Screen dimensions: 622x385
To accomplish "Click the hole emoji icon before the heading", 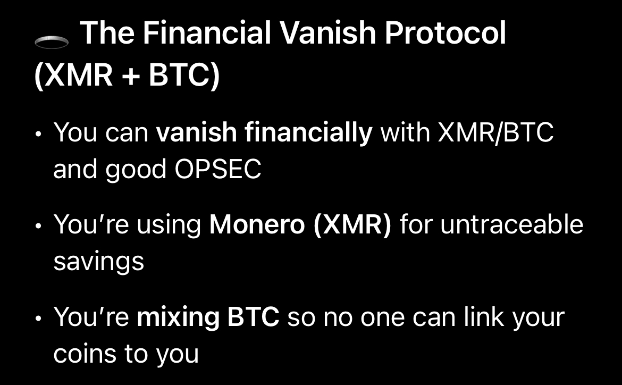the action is pyautogui.click(x=52, y=41).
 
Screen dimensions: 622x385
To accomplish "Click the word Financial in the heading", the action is pyautogui.click(x=207, y=32).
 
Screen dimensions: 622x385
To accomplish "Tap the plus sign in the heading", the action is pyautogui.click(x=131, y=76).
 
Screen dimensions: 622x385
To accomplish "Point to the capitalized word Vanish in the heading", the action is pyautogui.click(x=327, y=32).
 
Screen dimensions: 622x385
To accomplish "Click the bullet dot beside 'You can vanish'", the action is pyautogui.click(x=38, y=134).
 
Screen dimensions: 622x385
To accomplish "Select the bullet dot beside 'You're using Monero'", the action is pyautogui.click(x=38, y=226).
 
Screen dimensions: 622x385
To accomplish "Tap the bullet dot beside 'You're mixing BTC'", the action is pyautogui.click(x=38, y=319).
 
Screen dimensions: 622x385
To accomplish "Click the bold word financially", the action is pyautogui.click(x=264, y=133).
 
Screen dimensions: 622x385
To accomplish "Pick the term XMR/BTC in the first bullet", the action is pyautogui.click(x=495, y=132).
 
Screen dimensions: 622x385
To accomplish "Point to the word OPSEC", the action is pyautogui.click(x=218, y=169).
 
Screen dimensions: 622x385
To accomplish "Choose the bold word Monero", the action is pyautogui.click(x=257, y=224).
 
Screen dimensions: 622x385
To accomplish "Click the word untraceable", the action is pyautogui.click(x=512, y=224).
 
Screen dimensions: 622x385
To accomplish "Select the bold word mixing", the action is pyautogui.click(x=178, y=318).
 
